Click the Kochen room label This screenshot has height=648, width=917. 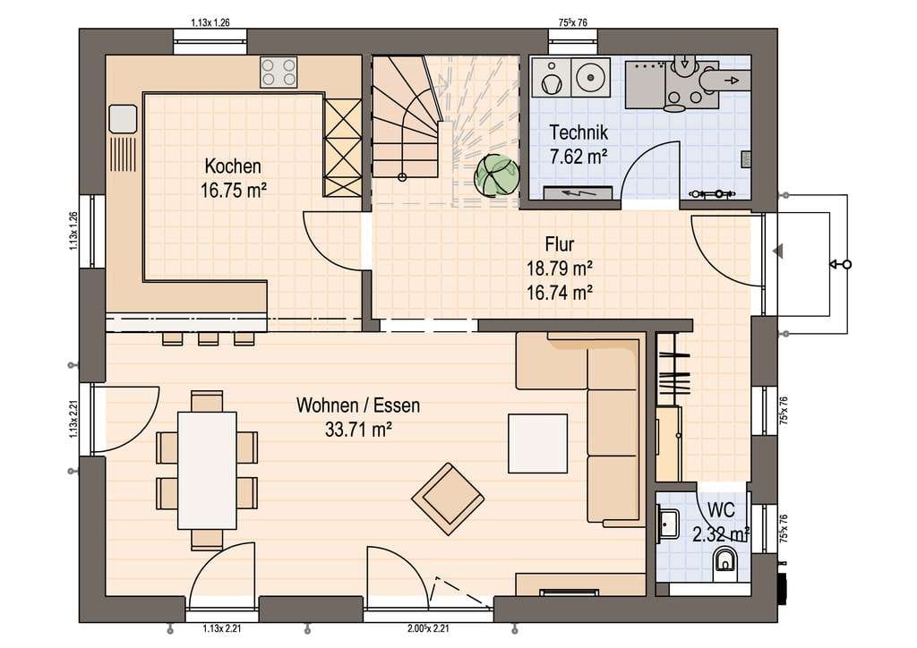click(233, 166)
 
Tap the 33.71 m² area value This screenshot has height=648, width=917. click(358, 430)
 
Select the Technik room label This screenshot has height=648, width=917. click(578, 132)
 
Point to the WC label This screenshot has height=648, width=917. click(721, 509)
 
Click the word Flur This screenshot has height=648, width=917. click(560, 243)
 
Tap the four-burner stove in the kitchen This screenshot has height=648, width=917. click(279, 72)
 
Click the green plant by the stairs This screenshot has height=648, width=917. click(496, 175)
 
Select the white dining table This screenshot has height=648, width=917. click(207, 471)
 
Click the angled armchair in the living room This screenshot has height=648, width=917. click(448, 499)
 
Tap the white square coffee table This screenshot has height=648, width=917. click(537, 444)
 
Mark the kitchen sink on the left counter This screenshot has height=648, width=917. click(123, 119)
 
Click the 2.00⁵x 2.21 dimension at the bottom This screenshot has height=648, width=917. click(428, 629)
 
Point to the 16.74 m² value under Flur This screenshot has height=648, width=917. click(560, 292)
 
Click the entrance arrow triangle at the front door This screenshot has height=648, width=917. click(778, 252)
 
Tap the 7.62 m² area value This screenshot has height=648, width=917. click(578, 157)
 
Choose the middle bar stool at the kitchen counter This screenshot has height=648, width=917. click(208, 339)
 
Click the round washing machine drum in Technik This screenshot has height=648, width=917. click(590, 76)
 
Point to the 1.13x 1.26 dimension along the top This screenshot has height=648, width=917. click(210, 22)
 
